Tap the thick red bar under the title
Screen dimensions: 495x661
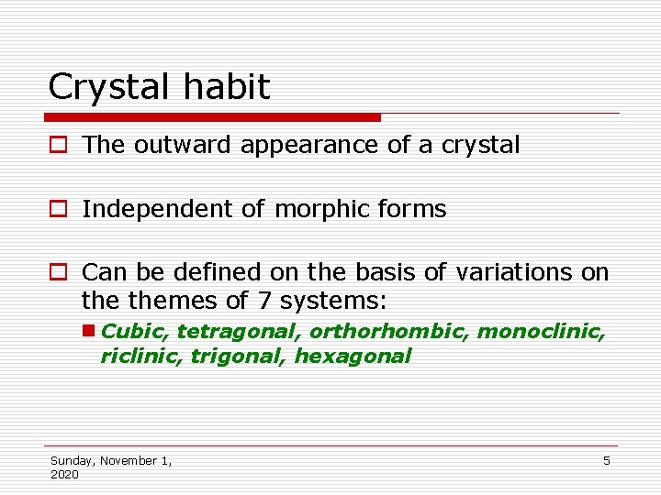(212, 117)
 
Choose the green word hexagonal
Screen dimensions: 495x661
(353, 356)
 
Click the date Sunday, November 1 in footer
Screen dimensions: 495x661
(111, 461)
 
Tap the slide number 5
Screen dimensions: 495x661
(606, 461)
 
